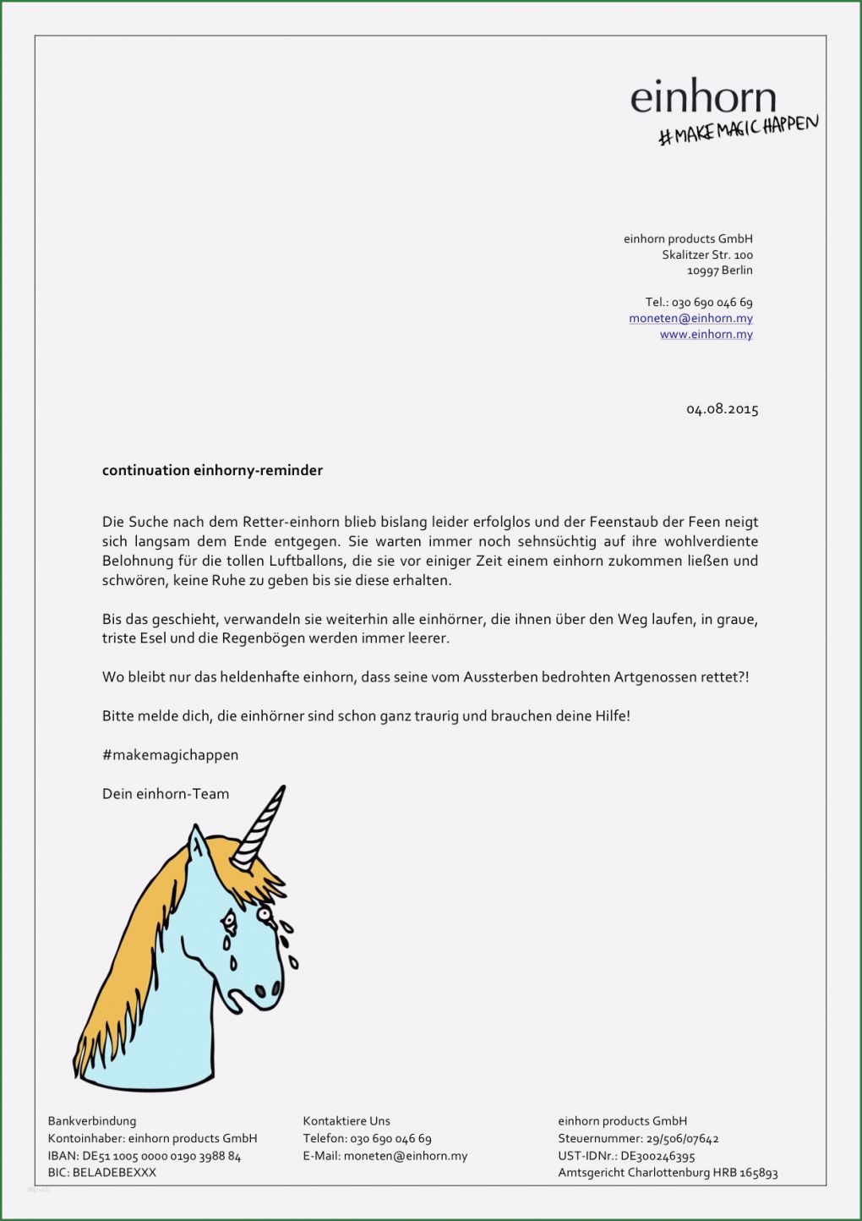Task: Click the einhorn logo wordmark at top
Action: coord(702,98)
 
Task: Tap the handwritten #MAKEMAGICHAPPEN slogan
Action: coord(738,131)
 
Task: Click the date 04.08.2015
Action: coord(722,409)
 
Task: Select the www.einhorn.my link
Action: coord(706,334)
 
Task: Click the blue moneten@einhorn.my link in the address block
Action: coord(690,318)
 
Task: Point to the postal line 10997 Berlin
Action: coord(719,271)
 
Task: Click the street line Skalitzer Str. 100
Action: coord(707,255)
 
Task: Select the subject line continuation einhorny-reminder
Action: coord(212,470)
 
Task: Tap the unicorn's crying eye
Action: coord(264,914)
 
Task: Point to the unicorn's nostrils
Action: coord(268,988)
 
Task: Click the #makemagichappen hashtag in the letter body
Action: coord(170,755)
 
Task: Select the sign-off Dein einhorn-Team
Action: coord(166,794)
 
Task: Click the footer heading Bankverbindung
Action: coord(91,1121)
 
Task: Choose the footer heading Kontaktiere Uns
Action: coord(346,1121)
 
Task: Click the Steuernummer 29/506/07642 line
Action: coord(638,1139)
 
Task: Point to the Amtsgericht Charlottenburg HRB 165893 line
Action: coord(668,1173)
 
